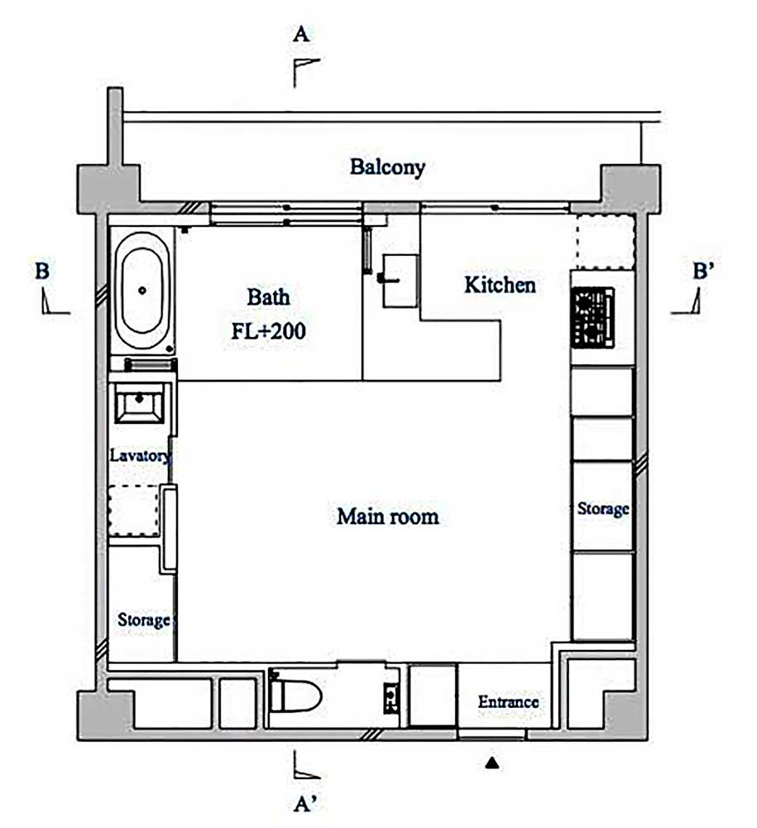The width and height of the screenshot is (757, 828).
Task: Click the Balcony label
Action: click(388, 167)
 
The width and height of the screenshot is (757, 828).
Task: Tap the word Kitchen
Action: click(500, 285)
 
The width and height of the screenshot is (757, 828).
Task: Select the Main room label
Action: click(388, 517)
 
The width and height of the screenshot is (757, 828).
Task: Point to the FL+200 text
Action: click(269, 331)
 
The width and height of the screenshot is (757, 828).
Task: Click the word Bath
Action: click(269, 296)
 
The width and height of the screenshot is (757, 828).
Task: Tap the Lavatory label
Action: click(141, 455)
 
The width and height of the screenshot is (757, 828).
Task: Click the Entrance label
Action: click(509, 702)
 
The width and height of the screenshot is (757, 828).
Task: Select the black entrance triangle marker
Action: click(492, 763)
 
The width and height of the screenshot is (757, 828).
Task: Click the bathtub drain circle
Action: click(142, 290)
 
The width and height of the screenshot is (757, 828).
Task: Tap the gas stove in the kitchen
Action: click(593, 317)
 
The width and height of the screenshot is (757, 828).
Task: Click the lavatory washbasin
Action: click(139, 403)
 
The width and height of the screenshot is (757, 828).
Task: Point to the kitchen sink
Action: click(400, 281)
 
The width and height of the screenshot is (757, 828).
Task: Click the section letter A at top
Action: click(300, 34)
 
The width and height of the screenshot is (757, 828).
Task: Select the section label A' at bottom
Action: click(305, 804)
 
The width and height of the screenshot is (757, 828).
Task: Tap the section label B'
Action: click(704, 271)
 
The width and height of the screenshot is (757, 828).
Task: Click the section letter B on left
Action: click(42, 271)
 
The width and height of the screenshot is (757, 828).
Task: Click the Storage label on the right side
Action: click(603, 508)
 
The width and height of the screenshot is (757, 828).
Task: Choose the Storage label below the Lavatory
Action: click(143, 619)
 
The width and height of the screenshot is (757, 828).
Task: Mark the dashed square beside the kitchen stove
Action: click(604, 243)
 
